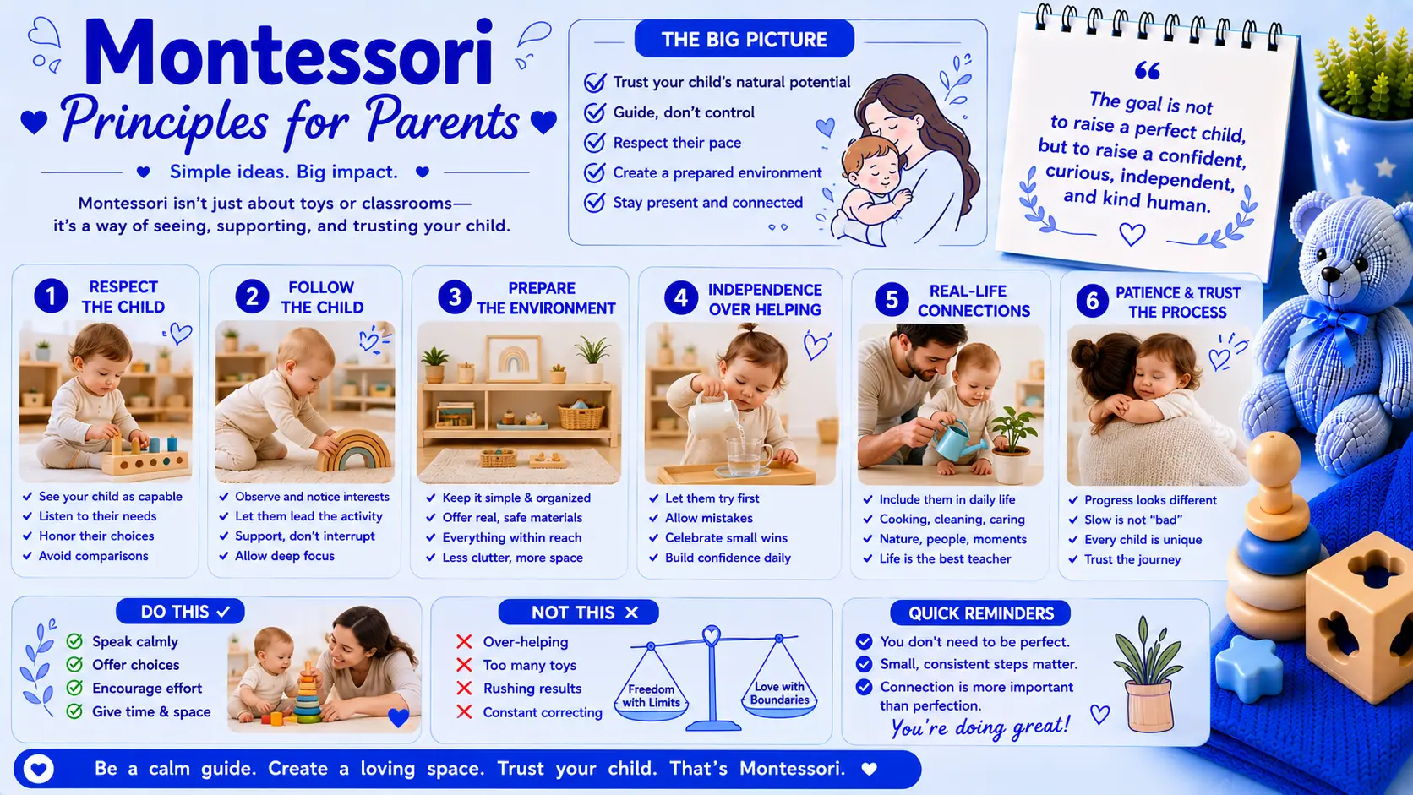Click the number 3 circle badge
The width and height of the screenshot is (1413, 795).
click(454, 297)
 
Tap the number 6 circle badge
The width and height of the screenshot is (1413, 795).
click(1092, 301)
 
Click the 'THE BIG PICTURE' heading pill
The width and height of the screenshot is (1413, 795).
click(745, 39)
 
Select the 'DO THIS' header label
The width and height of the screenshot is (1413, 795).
click(180, 612)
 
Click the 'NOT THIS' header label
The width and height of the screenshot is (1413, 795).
click(578, 613)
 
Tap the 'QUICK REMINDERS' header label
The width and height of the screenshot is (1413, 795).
click(980, 613)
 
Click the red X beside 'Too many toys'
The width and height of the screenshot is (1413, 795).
click(464, 665)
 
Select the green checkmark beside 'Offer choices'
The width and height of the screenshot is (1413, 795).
click(74, 665)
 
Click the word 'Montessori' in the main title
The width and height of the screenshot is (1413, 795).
click(287, 53)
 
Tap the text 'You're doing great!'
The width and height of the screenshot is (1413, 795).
click(980, 727)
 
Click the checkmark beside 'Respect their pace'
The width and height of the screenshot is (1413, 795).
click(594, 143)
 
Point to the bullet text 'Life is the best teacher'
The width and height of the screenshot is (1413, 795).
click(945, 558)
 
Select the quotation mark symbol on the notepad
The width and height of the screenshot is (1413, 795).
click(1147, 71)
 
